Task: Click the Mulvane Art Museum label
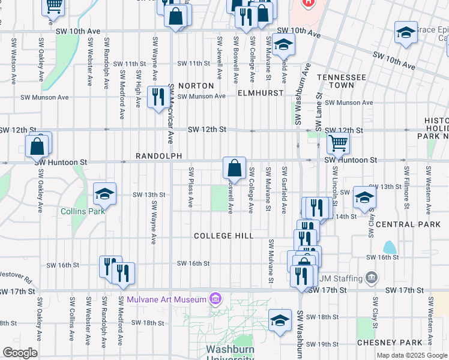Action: tap(166, 299)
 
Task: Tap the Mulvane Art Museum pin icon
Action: tap(214, 299)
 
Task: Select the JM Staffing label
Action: tap(340, 278)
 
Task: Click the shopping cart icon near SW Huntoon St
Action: tap(339, 143)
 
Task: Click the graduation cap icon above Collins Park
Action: tap(104, 194)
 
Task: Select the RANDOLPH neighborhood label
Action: tap(158, 156)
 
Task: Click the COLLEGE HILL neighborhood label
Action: tap(224, 236)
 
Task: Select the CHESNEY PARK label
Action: tap(390, 343)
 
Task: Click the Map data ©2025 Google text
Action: tap(411, 355)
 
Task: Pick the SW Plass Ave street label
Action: tap(191, 187)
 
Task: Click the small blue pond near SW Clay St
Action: tap(390, 247)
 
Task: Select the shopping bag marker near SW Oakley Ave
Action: tap(37, 146)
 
